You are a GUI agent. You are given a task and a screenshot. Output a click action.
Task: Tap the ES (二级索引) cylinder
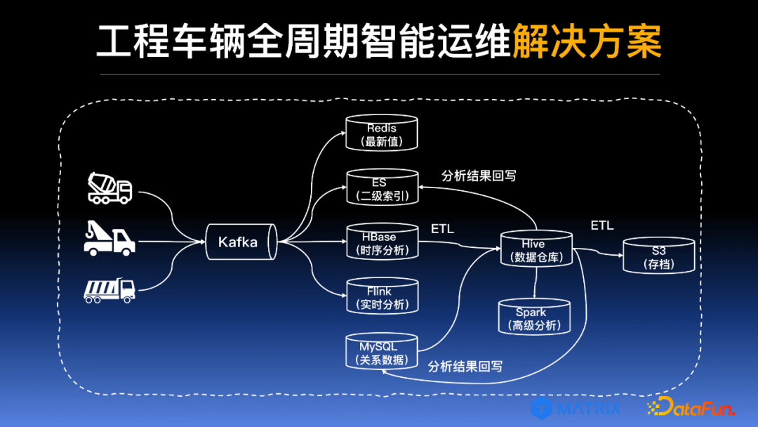click(382, 188)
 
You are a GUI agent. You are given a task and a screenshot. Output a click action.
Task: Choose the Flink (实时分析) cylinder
click(382, 297)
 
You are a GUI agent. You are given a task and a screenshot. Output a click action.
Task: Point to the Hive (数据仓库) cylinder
click(537, 250)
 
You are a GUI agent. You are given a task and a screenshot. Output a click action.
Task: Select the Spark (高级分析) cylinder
click(535, 318)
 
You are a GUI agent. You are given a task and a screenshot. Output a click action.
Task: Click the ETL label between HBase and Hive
click(442, 229)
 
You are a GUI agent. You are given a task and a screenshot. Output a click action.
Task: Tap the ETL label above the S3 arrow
click(601, 225)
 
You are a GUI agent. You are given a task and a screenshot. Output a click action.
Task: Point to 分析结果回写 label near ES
click(479, 176)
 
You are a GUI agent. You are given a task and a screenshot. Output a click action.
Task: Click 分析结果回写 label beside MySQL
click(465, 366)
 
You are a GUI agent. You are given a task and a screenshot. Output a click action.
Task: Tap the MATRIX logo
click(576, 407)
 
